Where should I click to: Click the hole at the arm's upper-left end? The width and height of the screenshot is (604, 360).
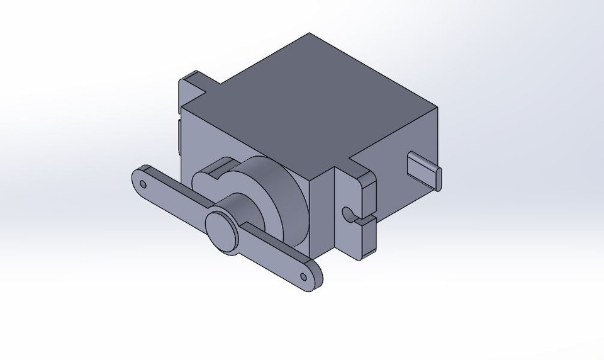143,185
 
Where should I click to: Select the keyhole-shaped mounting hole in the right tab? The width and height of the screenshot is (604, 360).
347,215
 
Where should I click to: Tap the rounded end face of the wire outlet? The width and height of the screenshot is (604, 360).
439,178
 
